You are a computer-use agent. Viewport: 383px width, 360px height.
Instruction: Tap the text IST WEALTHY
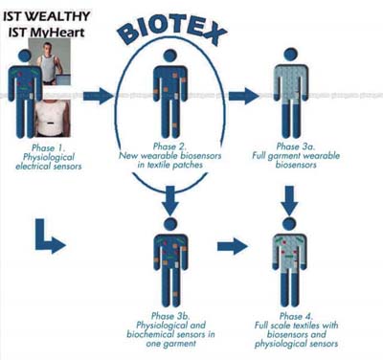click(47, 16)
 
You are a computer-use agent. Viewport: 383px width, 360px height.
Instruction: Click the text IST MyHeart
click(46, 33)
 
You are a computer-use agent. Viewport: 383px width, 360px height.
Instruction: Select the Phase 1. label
click(48, 148)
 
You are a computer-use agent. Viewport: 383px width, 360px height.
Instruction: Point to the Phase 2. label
click(169, 146)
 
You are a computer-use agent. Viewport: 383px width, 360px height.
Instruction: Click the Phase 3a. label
click(296, 146)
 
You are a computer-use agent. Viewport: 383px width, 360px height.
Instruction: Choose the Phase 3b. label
click(170, 316)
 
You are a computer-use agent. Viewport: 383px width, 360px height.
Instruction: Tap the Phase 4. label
click(296, 316)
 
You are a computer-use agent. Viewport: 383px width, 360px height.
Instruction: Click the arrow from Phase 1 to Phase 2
click(99, 96)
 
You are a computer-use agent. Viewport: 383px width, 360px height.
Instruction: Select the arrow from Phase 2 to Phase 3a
click(244, 96)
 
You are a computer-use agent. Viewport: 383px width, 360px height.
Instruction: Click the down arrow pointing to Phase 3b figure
click(170, 201)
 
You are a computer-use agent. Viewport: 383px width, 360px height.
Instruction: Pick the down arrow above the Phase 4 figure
click(289, 201)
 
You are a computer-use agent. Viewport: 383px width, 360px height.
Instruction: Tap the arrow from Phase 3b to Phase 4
click(233, 246)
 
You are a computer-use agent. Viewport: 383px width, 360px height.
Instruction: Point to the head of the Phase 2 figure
click(170, 56)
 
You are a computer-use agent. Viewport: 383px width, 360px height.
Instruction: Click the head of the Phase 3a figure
click(290, 55)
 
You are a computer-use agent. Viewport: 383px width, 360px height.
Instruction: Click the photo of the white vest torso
click(52, 119)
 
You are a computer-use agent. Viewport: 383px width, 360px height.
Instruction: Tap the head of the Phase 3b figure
click(170, 224)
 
